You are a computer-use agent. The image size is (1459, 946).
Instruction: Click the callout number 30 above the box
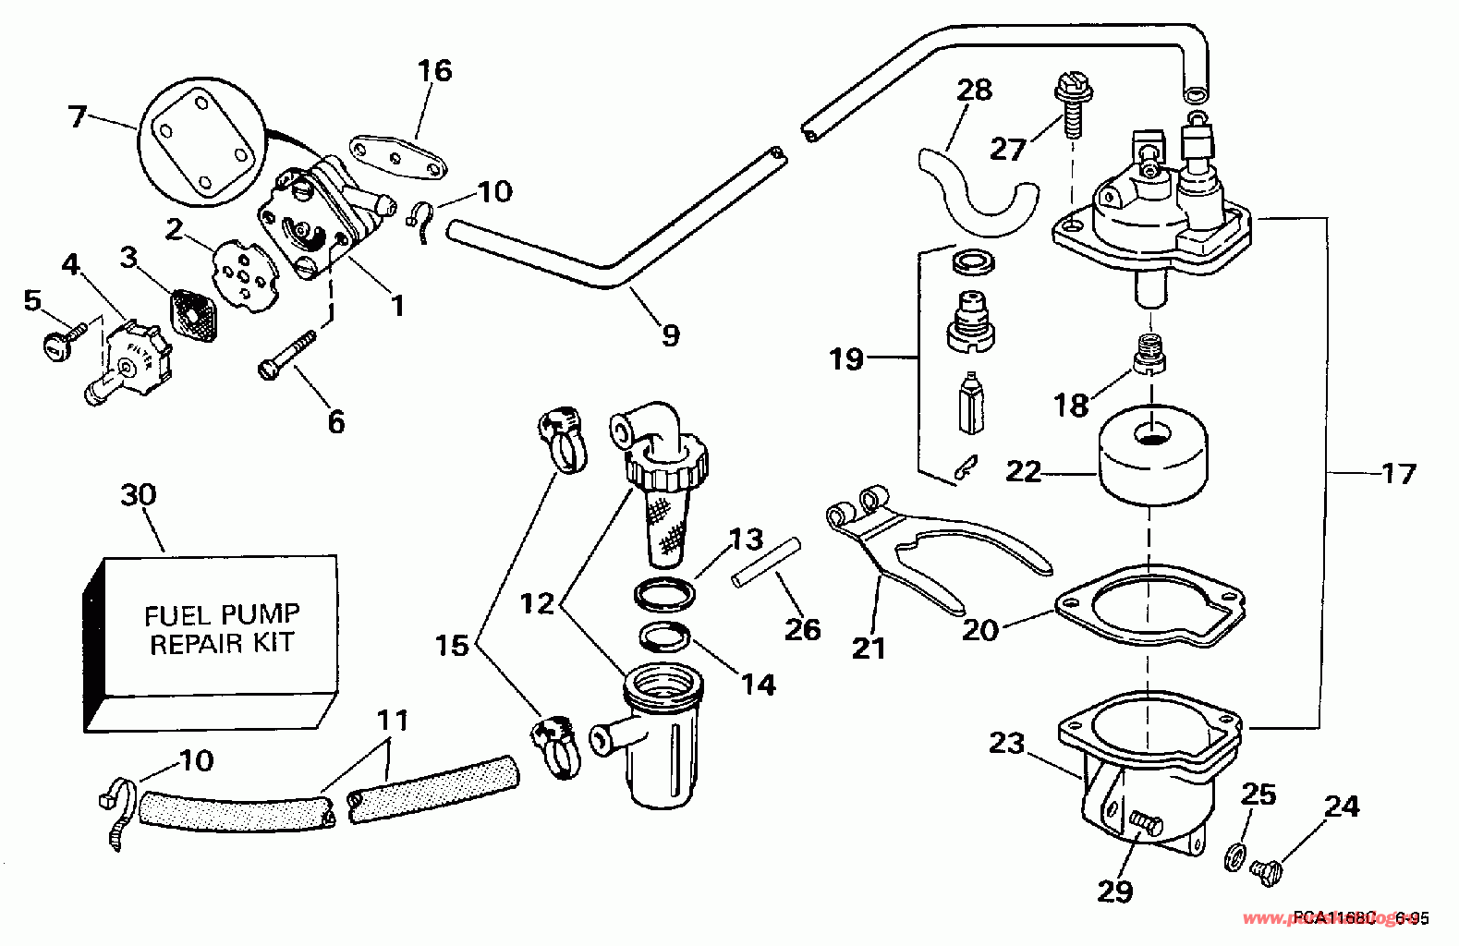(139, 496)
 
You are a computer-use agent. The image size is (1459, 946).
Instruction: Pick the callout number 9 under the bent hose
(670, 334)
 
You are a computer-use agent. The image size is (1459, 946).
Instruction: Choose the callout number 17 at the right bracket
(1398, 474)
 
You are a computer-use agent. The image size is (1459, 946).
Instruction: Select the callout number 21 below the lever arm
(868, 649)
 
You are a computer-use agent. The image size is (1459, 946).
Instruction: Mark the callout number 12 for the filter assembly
(537, 604)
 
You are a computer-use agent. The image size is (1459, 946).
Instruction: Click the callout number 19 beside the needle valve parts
(845, 358)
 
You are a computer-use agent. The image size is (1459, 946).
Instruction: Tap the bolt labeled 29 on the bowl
(1145, 820)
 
